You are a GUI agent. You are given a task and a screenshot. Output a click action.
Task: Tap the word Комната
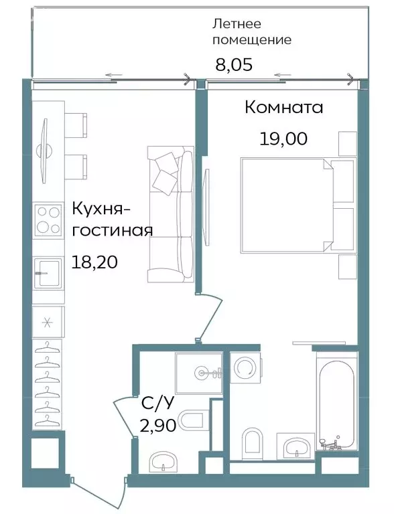(x=283, y=107)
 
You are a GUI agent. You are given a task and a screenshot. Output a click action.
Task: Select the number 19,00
(x=283, y=139)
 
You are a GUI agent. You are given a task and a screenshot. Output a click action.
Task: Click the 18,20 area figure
(x=94, y=262)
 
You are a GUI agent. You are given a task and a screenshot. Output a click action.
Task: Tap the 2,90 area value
(x=158, y=425)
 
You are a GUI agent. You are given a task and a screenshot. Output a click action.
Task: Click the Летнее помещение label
(x=252, y=31)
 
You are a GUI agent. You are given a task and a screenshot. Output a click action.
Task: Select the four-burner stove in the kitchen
(x=48, y=219)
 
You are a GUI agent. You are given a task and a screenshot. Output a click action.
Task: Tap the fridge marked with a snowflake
(x=48, y=322)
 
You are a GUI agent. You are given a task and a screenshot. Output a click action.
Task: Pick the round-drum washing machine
(x=246, y=367)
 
